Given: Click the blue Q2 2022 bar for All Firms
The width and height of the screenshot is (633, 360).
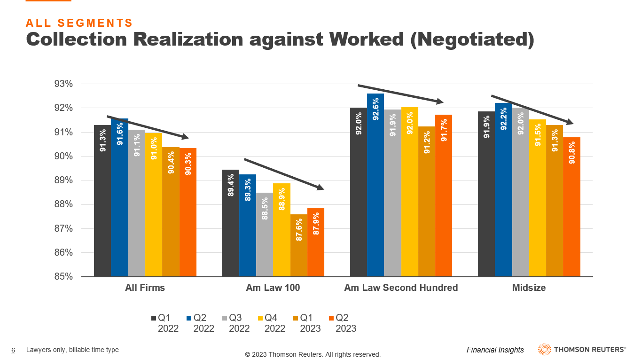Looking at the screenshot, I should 119,197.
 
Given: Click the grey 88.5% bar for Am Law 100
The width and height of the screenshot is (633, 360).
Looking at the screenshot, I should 265,235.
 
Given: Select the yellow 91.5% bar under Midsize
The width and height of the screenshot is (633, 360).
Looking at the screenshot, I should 538,198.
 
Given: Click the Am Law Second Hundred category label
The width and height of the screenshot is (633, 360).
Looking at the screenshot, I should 401,288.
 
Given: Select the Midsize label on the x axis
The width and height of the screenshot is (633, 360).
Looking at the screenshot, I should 529,288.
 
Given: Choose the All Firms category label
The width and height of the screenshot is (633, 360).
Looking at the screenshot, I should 145,288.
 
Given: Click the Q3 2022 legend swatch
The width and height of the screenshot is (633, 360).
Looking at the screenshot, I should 225,318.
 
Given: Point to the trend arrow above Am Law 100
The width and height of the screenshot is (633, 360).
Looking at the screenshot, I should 284,174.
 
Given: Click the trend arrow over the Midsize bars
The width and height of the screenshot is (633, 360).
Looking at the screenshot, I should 532,110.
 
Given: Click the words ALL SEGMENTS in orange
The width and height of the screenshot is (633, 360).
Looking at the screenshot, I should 79,23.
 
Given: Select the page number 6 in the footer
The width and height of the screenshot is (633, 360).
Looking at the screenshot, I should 13,350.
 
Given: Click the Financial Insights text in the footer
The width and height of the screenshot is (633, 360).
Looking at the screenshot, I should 495,350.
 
